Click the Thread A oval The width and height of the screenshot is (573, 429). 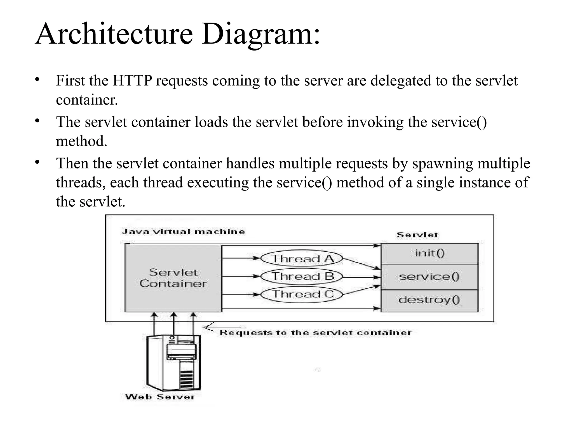click(x=302, y=258)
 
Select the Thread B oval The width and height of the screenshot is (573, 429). click(x=302, y=277)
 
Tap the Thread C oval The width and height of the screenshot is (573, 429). click(x=302, y=294)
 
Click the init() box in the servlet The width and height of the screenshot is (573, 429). click(x=429, y=253)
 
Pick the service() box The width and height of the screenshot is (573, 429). click(x=429, y=277)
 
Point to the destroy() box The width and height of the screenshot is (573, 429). click(x=429, y=300)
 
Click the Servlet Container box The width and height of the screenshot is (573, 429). click(x=173, y=278)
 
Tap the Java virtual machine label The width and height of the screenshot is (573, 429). click(x=183, y=232)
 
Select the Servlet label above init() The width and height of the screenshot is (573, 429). click(x=417, y=235)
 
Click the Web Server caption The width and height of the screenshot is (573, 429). click(x=160, y=397)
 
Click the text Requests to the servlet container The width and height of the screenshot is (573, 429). click(x=315, y=333)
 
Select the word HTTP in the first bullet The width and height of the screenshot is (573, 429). click(x=132, y=81)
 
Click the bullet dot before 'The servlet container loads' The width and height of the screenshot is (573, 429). click(x=37, y=121)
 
